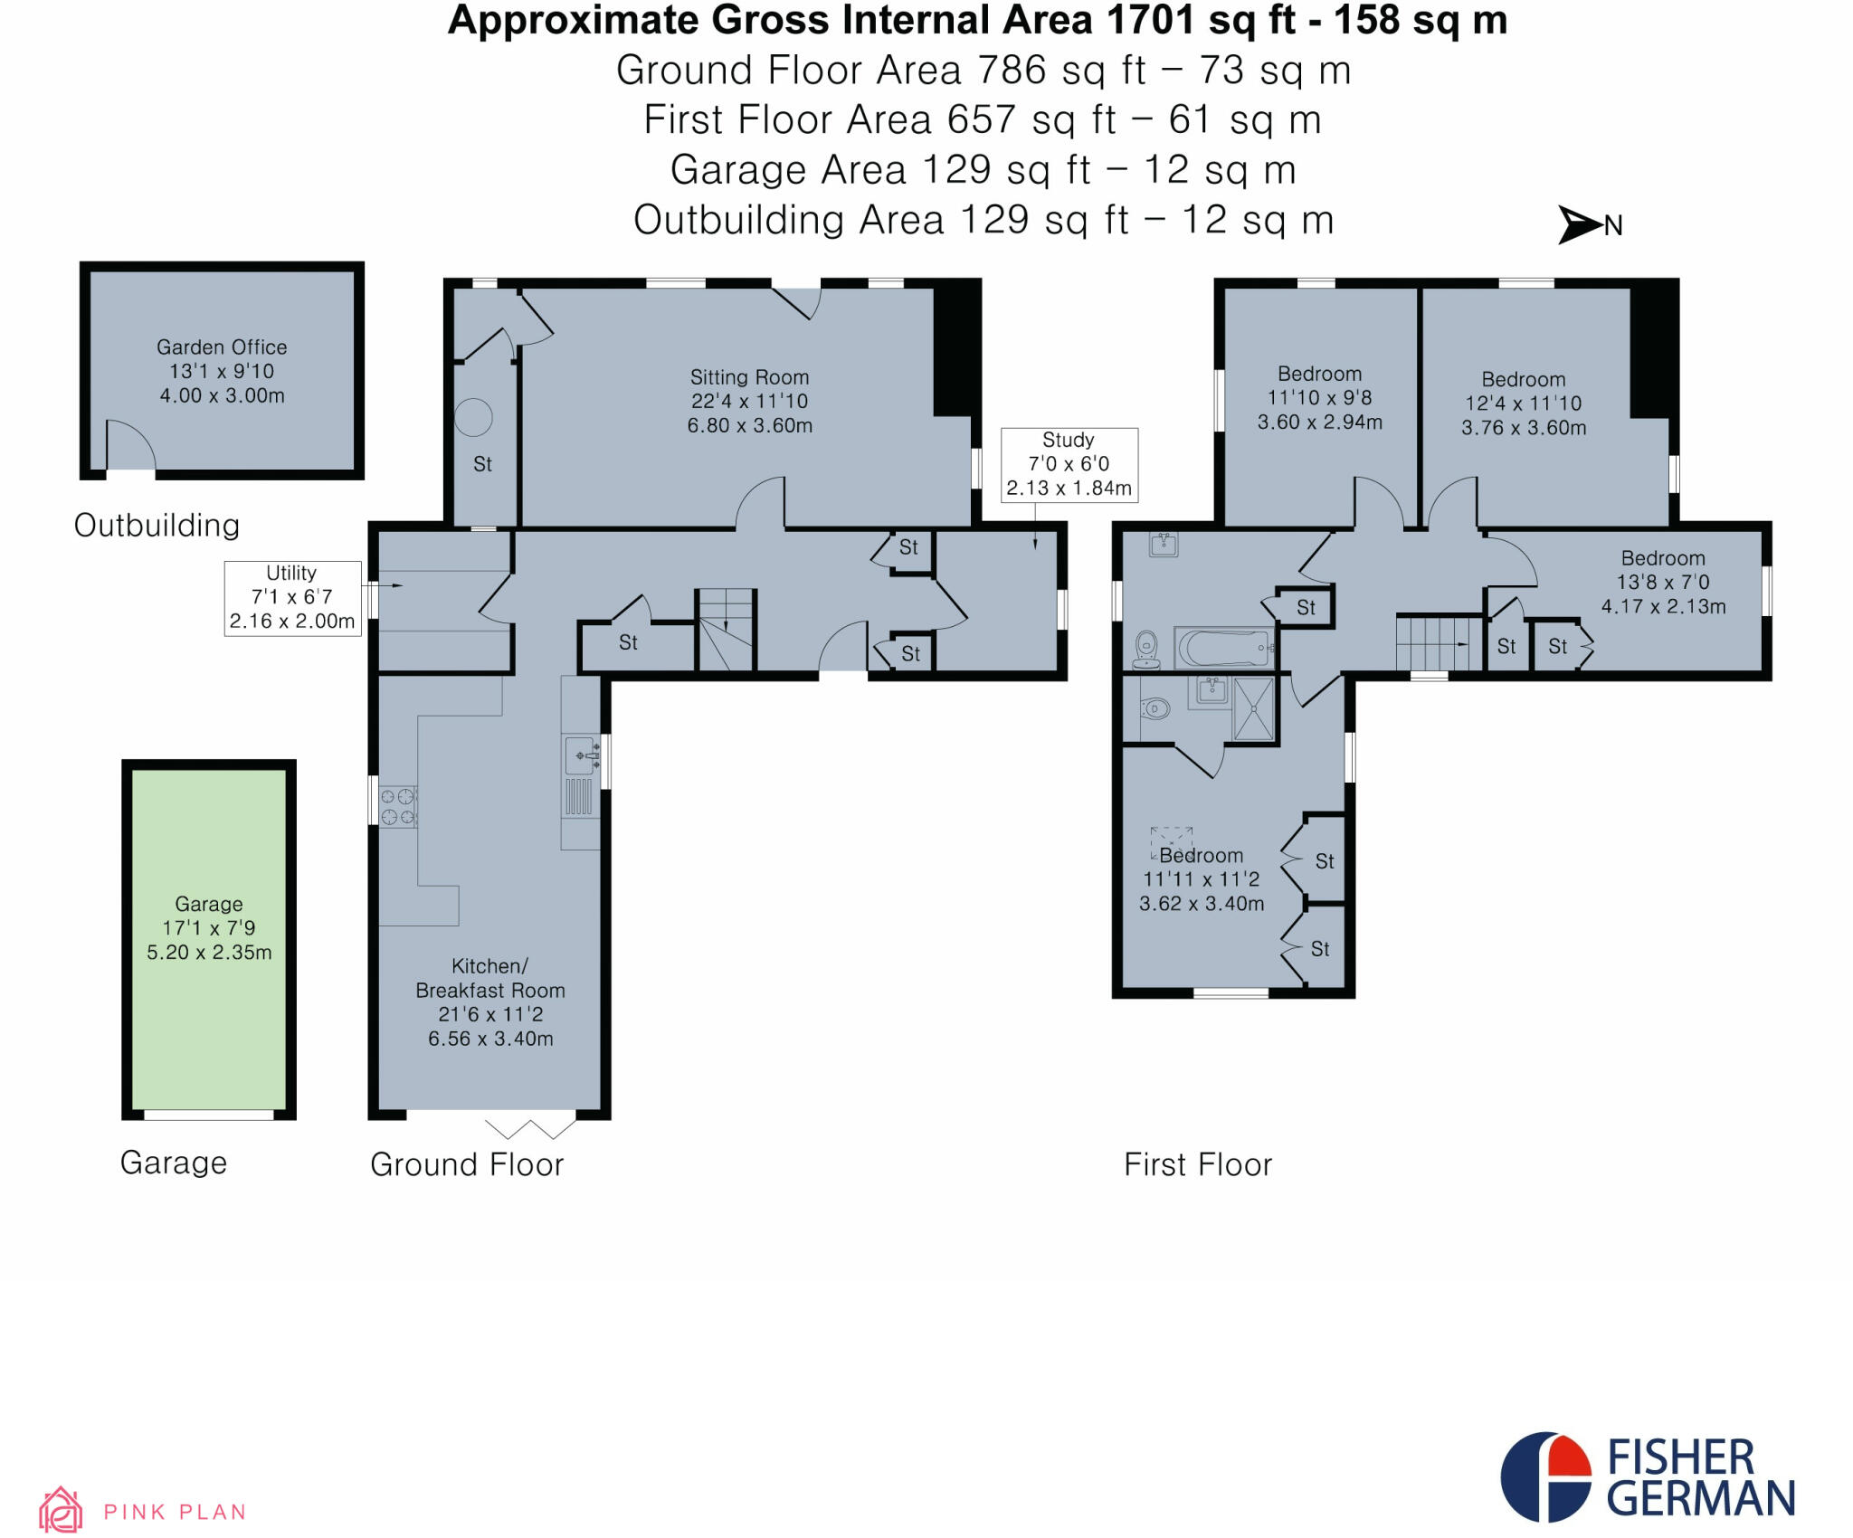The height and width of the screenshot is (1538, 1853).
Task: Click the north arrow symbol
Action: coord(1580,224)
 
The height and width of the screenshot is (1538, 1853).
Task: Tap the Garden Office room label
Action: coord(222,371)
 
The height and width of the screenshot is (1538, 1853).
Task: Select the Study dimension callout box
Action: coord(1069,464)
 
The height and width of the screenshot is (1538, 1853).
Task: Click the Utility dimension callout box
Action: coord(292,597)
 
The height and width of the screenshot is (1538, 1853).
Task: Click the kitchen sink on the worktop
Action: coord(581,753)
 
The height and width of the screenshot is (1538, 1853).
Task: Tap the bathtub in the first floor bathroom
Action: coord(1224,648)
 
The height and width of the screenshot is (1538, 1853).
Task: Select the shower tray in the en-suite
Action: coord(1254,708)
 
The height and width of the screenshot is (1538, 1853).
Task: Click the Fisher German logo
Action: coord(1647,1476)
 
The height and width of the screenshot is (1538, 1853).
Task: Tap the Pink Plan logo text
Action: coord(175,1512)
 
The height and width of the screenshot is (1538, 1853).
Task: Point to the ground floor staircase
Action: coord(726,630)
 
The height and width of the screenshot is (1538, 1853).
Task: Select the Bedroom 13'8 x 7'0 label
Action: coord(1663,582)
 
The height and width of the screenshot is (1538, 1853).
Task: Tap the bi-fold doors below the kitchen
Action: coord(530,1128)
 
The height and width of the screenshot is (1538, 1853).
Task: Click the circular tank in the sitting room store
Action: coord(473,417)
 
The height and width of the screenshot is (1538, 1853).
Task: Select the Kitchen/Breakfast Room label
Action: coord(490,1002)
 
